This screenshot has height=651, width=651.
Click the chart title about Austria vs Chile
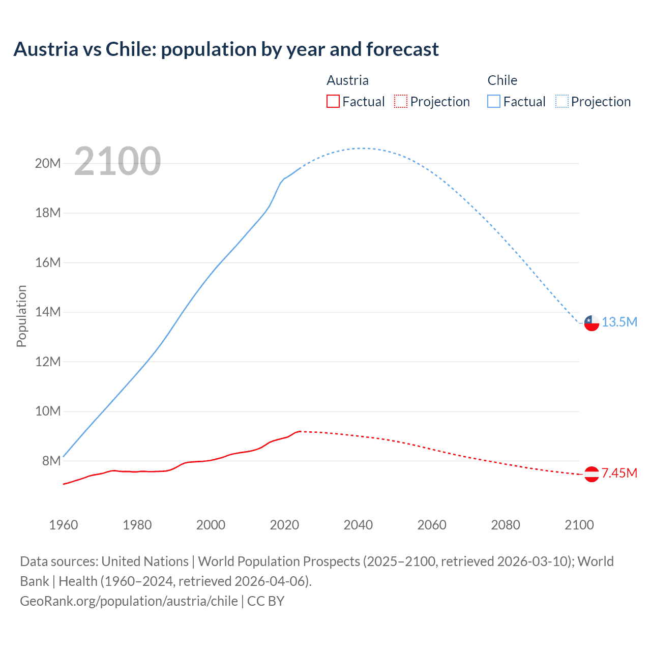click(x=226, y=49)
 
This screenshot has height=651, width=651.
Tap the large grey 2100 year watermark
click(x=117, y=161)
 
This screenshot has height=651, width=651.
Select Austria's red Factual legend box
click(x=333, y=101)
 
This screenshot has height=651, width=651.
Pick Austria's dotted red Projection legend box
click(x=401, y=101)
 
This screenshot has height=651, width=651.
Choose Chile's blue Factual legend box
click(x=493, y=101)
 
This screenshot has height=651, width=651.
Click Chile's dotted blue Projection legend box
click(x=561, y=101)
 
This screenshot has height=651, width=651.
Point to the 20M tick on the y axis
click(x=48, y=163)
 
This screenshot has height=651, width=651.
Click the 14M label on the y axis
click(x=48, y=312)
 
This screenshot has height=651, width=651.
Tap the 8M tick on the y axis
click(x=51, y=461)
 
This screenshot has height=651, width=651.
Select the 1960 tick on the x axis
click(x=64, y=525)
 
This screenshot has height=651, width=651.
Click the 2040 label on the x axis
click(x=358, y=525)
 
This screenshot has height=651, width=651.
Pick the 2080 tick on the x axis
click(x=506, y=525)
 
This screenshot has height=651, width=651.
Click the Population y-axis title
click(x=21, y=316)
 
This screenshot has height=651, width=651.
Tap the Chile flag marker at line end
click(x=591, y=323)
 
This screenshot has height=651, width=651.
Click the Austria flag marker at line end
click(x=591, y=474)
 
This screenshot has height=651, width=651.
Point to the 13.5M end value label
click(x=619, y=322)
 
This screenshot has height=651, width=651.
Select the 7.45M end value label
click(x=619, y=474)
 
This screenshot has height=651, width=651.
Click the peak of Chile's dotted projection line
click(x=362, y=148)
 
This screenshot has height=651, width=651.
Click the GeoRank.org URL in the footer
click(x=129, y=601)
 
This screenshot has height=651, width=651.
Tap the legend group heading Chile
click(x=502, y=80)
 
